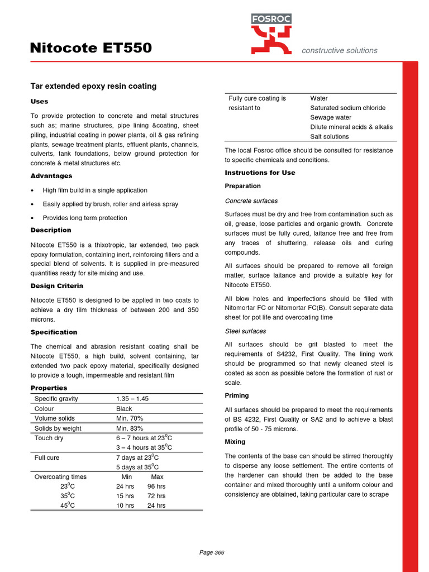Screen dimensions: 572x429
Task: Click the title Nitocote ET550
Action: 90,49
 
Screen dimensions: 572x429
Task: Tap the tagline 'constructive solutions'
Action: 339,50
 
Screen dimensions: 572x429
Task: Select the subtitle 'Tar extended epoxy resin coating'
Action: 93,86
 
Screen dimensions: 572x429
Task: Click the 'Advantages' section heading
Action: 51,176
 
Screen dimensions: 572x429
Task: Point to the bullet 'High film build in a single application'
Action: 95,190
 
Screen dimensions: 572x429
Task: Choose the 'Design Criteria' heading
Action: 56,286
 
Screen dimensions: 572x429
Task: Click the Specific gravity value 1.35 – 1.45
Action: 132,399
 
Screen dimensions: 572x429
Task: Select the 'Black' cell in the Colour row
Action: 124,408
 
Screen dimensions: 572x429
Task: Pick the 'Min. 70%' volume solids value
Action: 130,418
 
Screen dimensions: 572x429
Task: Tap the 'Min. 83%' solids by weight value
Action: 130,428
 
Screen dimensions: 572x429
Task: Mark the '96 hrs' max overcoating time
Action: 158,487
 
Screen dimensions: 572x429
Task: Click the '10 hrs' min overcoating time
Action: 126,506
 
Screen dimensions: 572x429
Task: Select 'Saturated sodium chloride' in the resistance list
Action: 347,108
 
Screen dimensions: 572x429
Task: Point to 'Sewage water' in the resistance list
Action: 331,117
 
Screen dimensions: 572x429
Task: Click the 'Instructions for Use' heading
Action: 260,173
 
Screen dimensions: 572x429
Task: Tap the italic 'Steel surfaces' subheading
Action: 245,331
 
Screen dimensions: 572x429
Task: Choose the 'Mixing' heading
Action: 235,442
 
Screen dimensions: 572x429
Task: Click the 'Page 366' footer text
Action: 212,552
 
